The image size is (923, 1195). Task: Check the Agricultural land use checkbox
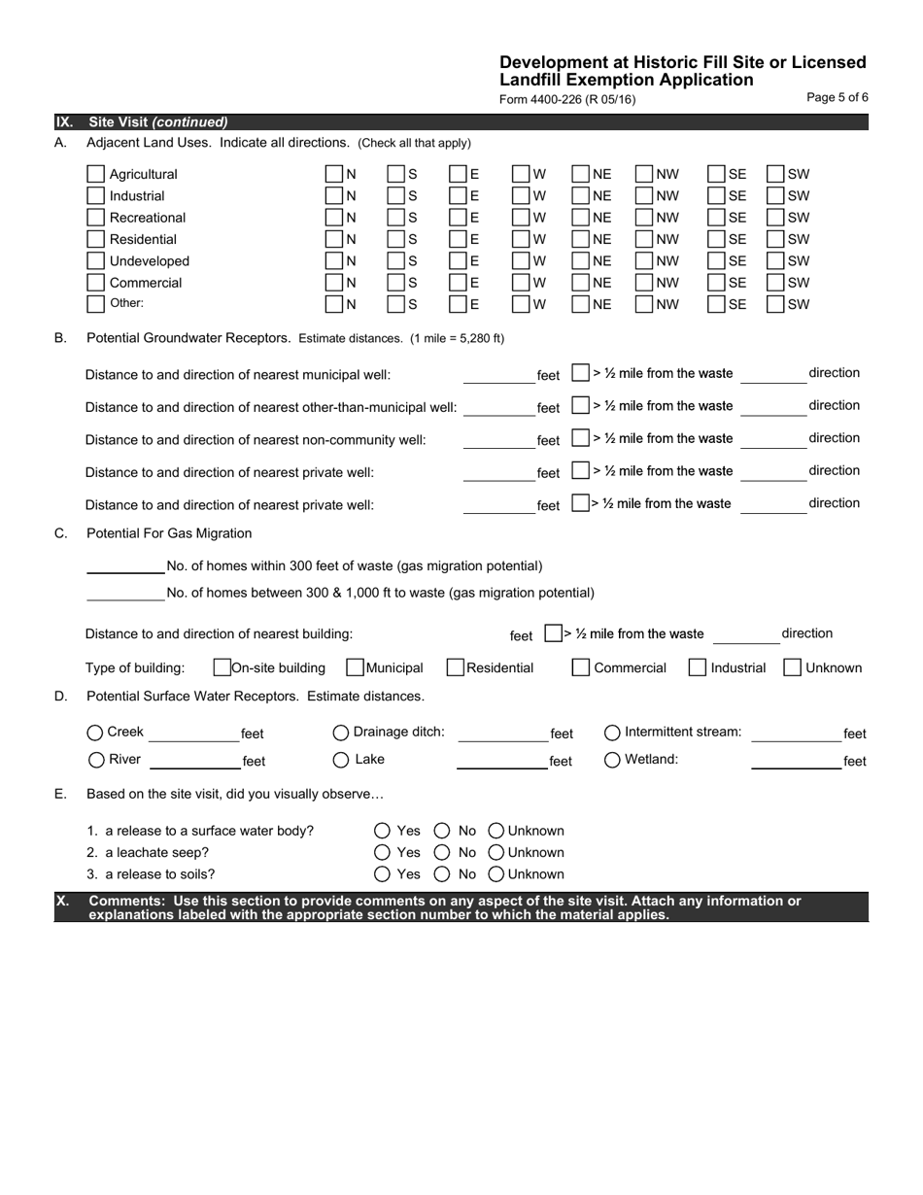coord(95,174)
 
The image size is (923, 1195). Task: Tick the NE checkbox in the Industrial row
coord(580,196)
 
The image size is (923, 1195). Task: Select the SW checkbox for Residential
coord(775,239)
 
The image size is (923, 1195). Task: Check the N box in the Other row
coord(333,304)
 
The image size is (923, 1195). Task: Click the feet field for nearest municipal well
coord(498,375)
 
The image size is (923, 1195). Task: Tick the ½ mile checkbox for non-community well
coord(580,438)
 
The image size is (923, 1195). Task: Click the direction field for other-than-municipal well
coord(772,407)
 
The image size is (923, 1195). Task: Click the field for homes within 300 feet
coord(125,565)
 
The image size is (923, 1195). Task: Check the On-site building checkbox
coord(222,667)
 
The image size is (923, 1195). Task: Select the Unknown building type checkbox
coord(792,667)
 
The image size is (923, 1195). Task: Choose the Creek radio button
coord(95,733)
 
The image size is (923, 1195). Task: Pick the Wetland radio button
coord(613,760)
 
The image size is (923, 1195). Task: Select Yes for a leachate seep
coord(383,852)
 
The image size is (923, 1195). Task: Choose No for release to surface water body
coord(442,831)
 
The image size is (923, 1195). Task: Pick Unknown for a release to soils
coord(496,873)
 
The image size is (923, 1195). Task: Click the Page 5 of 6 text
coord(838,97)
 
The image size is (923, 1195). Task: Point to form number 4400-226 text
coord(567,99)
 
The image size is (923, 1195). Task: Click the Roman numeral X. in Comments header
coord(63,902)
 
